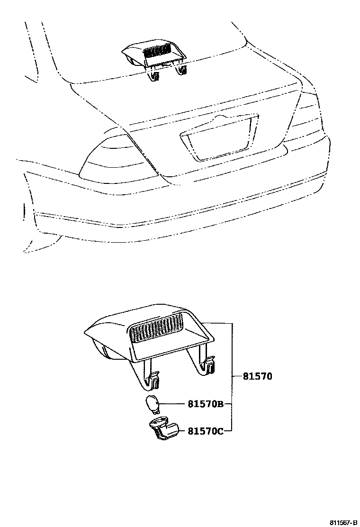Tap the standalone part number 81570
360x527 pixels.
coord(257,377)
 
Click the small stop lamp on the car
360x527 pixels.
coord(156,55)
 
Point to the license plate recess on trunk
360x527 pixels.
coord(219,137)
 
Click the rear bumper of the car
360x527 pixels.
coord(180,209)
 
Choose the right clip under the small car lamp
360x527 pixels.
coord(181,70)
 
